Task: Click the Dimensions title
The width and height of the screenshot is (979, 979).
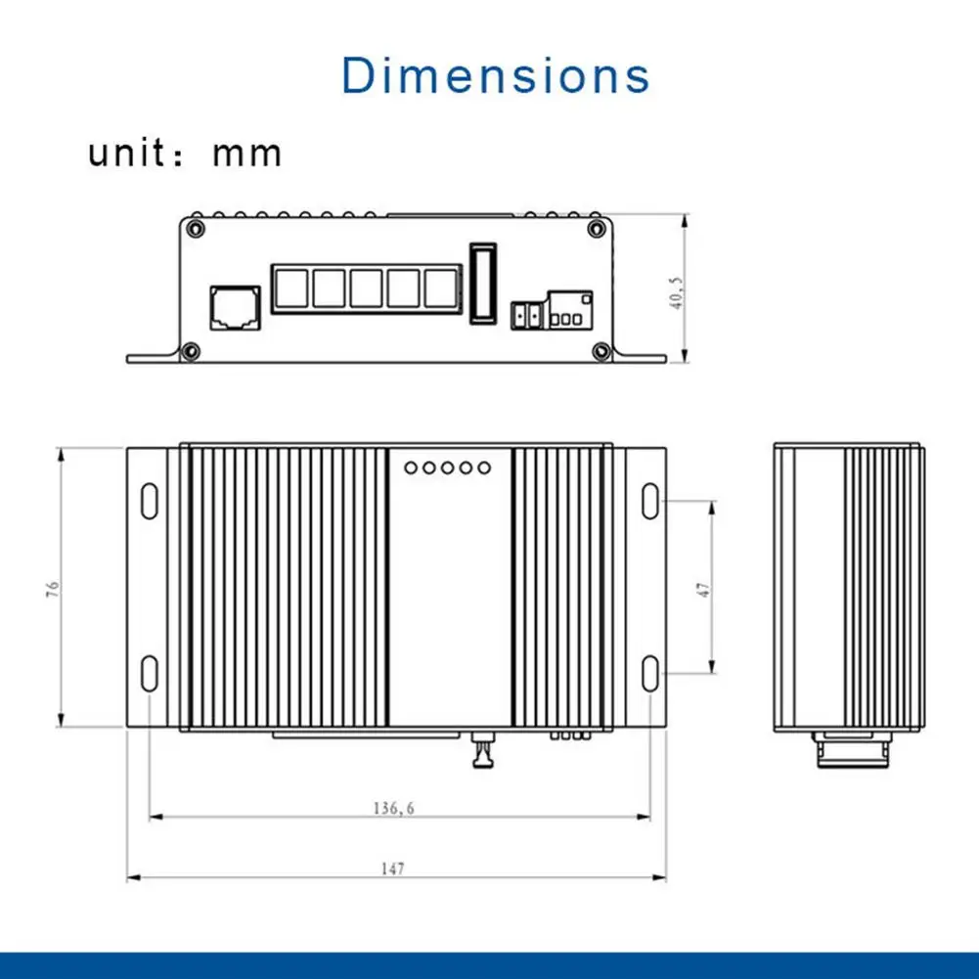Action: click(x=495, y=75)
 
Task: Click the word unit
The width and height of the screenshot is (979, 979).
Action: click(x=127, y=153)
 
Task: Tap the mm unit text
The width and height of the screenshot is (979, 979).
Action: click(x=246, y=155)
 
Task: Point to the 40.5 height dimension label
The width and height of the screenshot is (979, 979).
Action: click(x=676, y=292)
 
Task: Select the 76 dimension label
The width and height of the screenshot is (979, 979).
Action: click(x=53, y=589)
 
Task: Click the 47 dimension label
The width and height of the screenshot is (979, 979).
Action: click(x=703, y=590)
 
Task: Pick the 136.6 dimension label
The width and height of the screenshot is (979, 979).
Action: click(x=393, y=809)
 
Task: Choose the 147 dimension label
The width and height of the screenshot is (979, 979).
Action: click(x=393, y=868)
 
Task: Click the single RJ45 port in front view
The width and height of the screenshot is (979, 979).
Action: click(x=236, y=308)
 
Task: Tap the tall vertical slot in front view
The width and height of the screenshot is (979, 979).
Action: click(x=483, y=284)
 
